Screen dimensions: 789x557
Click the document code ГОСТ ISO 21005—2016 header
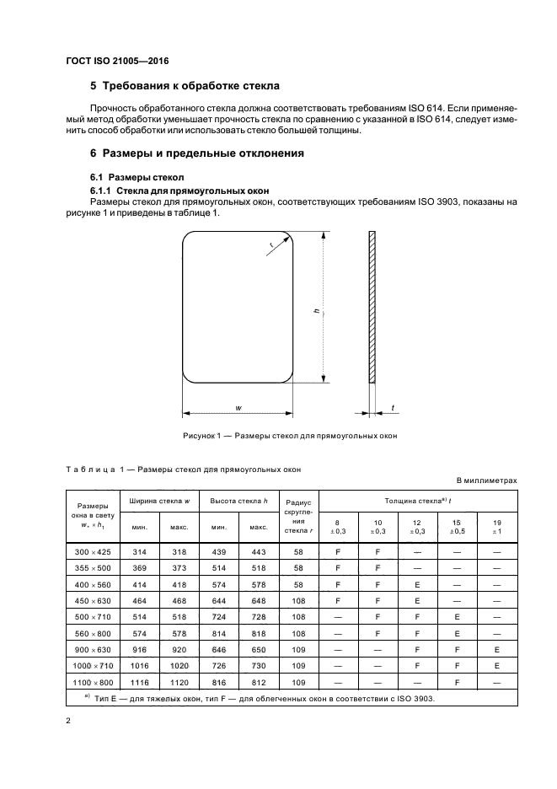point(122,61)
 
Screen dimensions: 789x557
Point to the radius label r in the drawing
point(270,245)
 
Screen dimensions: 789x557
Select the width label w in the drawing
point(238,409)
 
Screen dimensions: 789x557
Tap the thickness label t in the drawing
point(392,409)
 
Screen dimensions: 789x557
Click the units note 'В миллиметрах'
point(486,480)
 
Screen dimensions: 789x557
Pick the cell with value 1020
point(179,664)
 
